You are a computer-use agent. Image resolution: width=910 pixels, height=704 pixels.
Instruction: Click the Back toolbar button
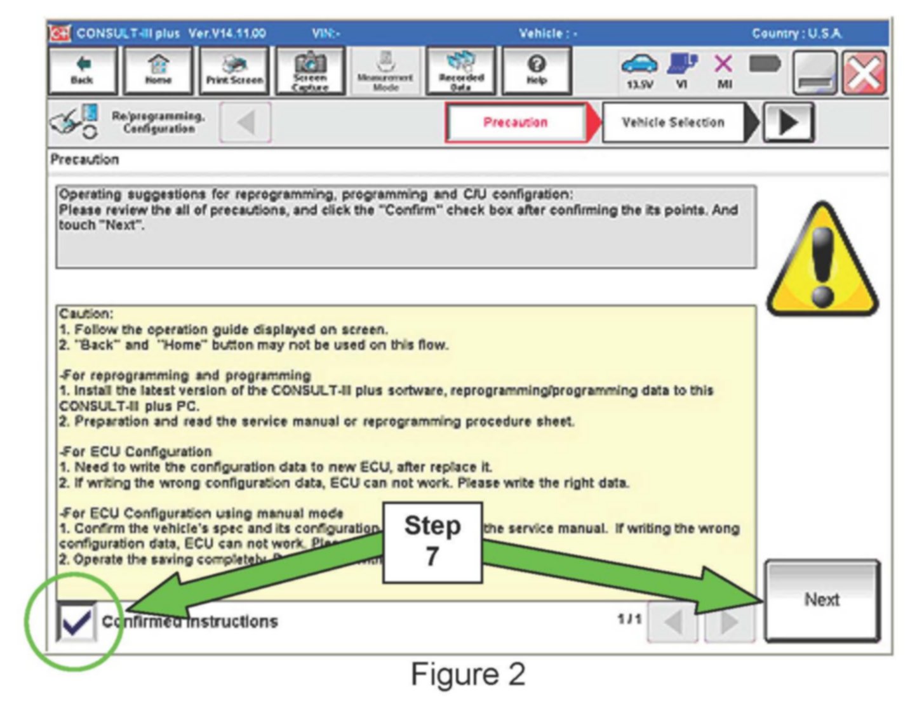point(82,71)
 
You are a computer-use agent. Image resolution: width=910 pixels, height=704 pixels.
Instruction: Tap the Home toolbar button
point(158,71)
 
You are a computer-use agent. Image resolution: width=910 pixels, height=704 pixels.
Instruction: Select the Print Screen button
point(234,71)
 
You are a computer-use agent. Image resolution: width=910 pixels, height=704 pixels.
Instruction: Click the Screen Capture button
point(310,71)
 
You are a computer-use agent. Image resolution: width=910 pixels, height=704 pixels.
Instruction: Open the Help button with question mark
point(537,71)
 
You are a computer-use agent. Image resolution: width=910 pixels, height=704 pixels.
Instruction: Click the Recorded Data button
point(461,71)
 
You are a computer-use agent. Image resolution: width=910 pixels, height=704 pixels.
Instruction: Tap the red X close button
point(864,73)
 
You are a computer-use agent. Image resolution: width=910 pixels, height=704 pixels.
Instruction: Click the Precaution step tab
point(515,123)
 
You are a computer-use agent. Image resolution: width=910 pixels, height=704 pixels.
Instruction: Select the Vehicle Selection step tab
point(673,123)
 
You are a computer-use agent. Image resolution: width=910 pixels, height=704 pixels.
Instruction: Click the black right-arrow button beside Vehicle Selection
point(787,123)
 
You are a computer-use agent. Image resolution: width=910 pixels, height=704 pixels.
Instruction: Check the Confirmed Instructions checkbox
point(76,621)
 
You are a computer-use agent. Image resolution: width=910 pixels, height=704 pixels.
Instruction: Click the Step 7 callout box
point(432,541)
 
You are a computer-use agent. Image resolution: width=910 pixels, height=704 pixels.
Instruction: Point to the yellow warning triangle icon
point(822,260)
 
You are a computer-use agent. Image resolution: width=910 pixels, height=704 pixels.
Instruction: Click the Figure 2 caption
point(468,674)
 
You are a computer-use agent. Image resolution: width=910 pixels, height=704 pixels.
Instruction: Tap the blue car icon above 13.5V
point(639,63)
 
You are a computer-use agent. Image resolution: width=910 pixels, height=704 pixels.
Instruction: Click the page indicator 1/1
point(629,618)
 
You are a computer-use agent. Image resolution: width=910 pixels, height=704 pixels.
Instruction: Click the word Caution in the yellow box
point(85,314)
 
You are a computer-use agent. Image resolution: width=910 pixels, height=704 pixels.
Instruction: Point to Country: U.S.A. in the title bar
point(797,34)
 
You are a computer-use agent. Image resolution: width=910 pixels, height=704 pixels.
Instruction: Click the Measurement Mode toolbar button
point(385,71)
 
